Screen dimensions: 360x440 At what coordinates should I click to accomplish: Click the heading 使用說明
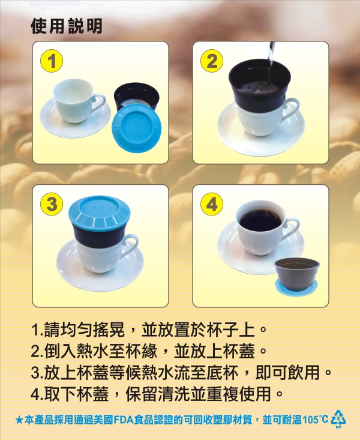click(x=66, y=26)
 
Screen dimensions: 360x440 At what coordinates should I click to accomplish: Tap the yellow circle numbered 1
click(x=52, y=61)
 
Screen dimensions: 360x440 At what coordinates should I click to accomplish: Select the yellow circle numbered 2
click(x=212, y=61)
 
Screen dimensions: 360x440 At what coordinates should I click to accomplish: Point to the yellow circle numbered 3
click(x=52, y=204)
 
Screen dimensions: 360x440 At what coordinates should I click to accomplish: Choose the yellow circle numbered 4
click(x=212, y=204)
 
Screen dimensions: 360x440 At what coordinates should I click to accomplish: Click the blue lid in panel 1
click(x=137, y=128)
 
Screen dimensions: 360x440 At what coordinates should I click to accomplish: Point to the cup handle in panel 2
click(x=293, y=109)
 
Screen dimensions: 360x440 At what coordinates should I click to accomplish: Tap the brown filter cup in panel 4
click(x=297, y=273)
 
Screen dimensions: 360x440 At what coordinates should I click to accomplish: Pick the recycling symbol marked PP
click(x=338, y=419)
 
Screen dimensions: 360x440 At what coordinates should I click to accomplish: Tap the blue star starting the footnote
click(x=19, y=420)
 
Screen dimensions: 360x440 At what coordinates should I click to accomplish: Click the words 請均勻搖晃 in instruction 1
click(x=85, y=330)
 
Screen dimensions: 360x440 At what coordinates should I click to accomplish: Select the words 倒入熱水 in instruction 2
click(x=76, y=351)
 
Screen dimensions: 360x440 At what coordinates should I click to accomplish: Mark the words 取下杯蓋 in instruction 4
click(x=76, y=394)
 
